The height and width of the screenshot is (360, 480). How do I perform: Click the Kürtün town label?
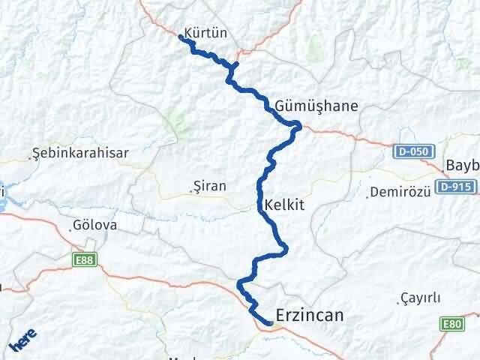pyautogui.click(x=205, y=32)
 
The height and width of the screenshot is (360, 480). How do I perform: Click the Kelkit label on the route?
pyautogui.click(x=284, y=204)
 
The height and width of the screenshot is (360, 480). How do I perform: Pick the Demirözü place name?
pyautogui.click(x=401, y=192)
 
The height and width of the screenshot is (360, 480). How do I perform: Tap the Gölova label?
pyautogui.click(x=95, y=225)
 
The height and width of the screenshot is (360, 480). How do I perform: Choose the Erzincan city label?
pyautogui.click(x=310, y=316)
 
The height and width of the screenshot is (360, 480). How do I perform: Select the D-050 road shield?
pyautogui.click(x=412, y=152)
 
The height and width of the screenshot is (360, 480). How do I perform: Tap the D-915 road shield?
pyautogui.click(x=457, y=186)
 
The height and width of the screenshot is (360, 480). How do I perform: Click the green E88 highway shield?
pyautogui.click(x=84, y=259)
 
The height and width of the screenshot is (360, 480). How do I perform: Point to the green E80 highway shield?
pyautogui.click(x=451, y=323)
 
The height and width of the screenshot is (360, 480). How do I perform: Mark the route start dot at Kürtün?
pyautogui.click(x=182, y=36)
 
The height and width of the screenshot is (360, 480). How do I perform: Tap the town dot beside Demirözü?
pyautogui.click(x=370, y=193)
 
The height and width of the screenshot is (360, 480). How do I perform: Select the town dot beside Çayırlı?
pyautogui.click(x=398, y=303)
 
